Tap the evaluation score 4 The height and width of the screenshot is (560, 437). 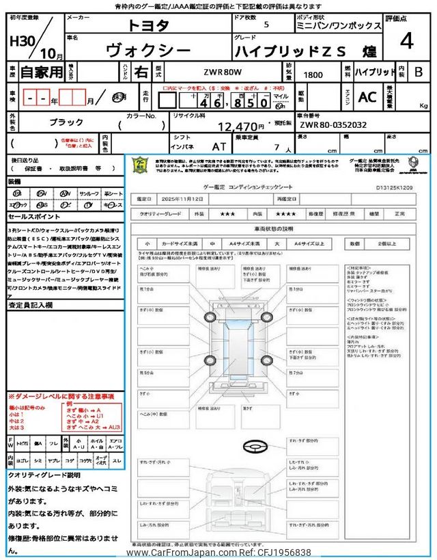point(406,41)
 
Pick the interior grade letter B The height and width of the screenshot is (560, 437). point(419,71)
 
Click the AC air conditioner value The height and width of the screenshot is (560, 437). point(367,98)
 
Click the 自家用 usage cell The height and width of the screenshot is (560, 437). point(33,71)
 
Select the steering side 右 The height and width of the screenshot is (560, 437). point(140,71)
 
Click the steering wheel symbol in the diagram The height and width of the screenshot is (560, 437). point(253,445)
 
